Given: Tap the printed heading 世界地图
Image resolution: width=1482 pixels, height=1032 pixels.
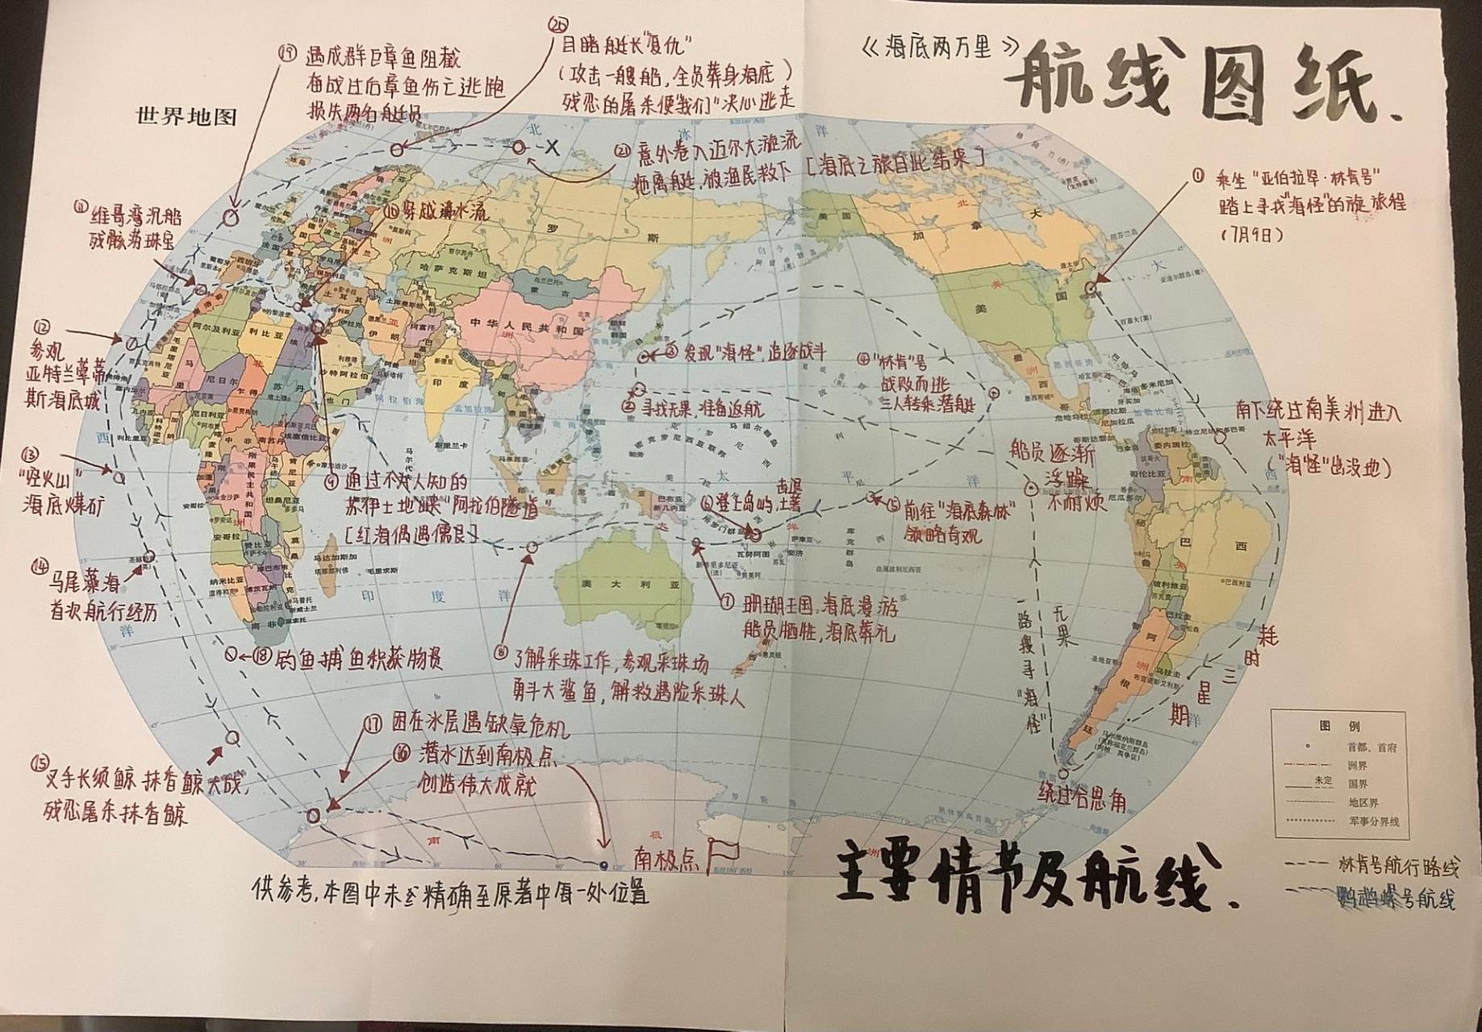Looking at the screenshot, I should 187,117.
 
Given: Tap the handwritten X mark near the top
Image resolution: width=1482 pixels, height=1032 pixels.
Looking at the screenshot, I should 552,148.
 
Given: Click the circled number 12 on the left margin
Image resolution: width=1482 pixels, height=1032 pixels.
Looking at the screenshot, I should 42,327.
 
